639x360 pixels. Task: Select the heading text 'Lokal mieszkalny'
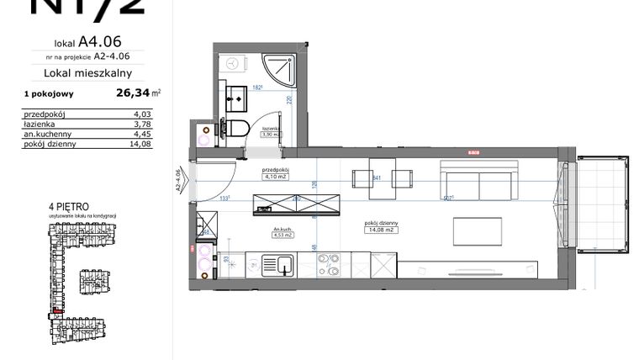tap(94, 74)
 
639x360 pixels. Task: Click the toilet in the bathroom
tap(238, 128)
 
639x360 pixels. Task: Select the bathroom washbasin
tap(235, 97)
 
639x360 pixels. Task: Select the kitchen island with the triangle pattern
tap(298, 203)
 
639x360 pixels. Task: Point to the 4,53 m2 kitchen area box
tap(283, 235)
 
